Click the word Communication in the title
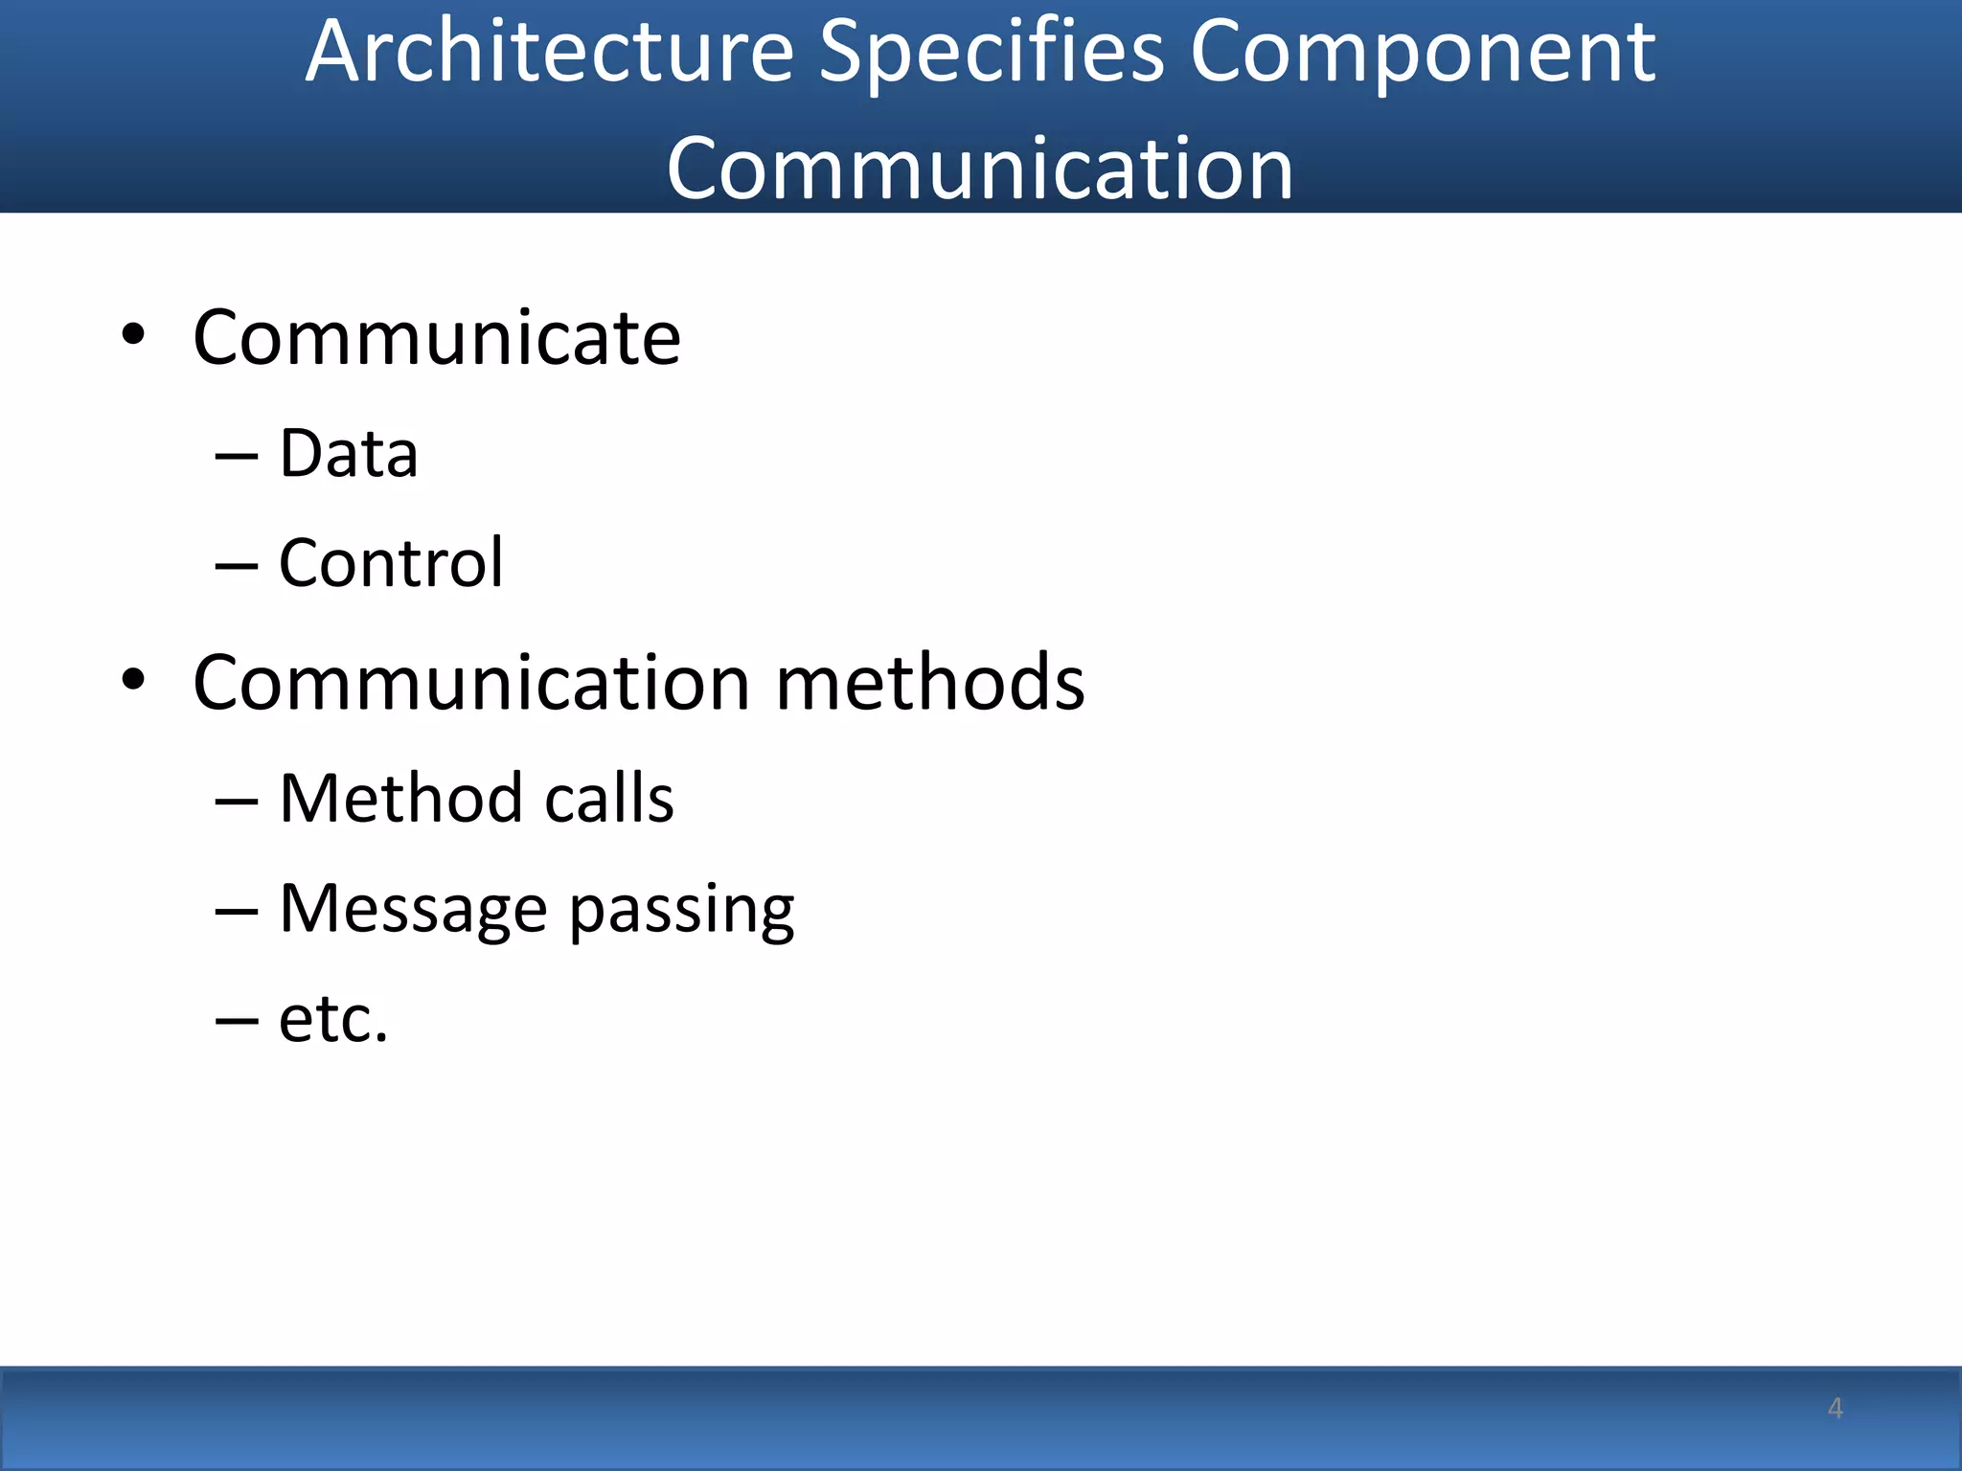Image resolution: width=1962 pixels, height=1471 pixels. [x=980, y=169]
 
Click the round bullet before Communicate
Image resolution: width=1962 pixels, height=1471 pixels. [x=133, y=335]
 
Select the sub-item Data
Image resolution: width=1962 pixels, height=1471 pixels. [x=349, y=454]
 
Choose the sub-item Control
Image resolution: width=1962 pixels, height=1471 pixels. [x=391, y=563]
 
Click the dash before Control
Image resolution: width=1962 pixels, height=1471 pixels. [x=237, y=567]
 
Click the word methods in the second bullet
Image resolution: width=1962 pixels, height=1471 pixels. [x=930, y=683]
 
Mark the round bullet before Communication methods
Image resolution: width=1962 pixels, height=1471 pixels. [x=133, y=680]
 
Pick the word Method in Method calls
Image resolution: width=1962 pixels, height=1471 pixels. [x=400, y=799]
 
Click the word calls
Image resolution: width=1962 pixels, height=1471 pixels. [x=609, y=799]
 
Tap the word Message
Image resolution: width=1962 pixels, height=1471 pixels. [x=413, y=909]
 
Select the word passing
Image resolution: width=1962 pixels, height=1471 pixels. [x=681, y=912]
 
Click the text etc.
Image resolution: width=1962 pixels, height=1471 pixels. [x=333, y=1019]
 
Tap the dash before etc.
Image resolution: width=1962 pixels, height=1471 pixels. [x=237, y=1022]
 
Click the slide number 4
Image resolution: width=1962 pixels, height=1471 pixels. [x=1835, y=1408]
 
